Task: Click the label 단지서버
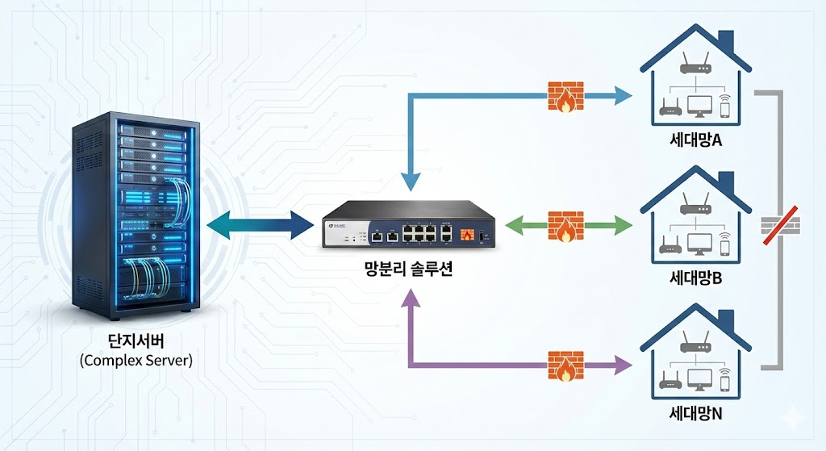[136, 340]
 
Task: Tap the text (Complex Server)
[136, 360]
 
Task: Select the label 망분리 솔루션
[407, 269]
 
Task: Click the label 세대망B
[695, 279]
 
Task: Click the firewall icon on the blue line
[565, 96]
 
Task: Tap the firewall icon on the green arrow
[565, 227]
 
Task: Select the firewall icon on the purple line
[565, 365]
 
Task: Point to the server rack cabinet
[135, 214]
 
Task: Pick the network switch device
[408, 228]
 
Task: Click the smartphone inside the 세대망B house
[724, 245]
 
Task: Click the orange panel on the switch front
[466, 235]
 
